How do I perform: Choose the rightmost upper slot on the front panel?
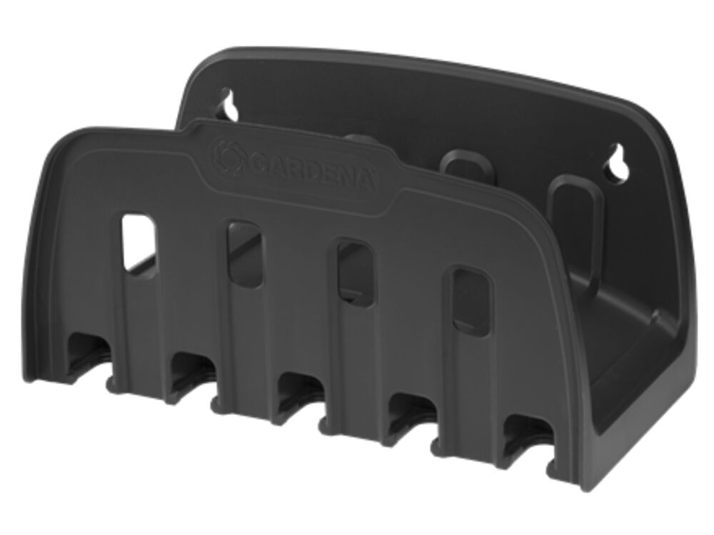[473, 299]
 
